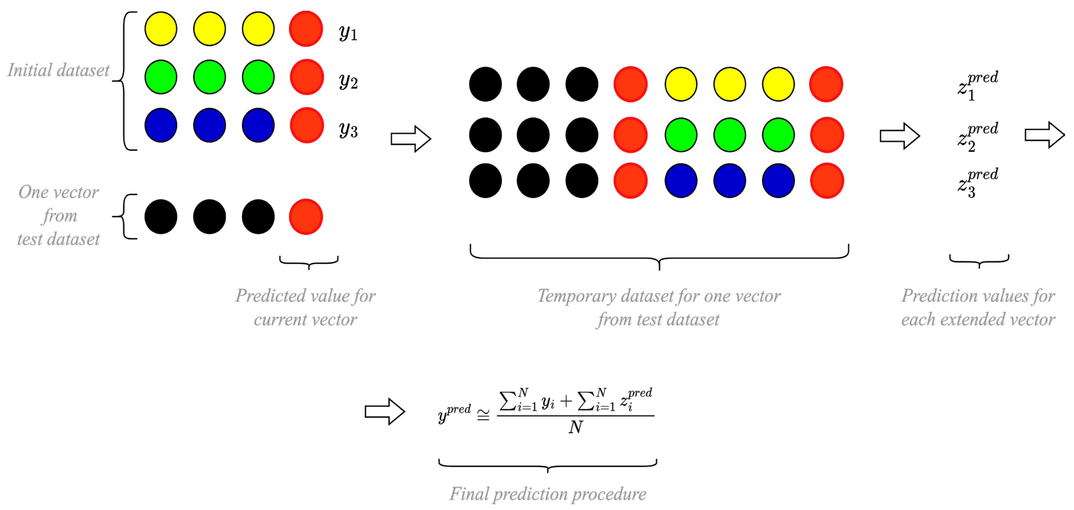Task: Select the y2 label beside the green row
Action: point(348,81)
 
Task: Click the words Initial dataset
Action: point(58,70)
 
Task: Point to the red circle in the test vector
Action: point(306,217)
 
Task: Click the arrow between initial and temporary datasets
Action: point(411,139)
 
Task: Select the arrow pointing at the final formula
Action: point(385,412)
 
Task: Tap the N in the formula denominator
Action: point(576,427)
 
